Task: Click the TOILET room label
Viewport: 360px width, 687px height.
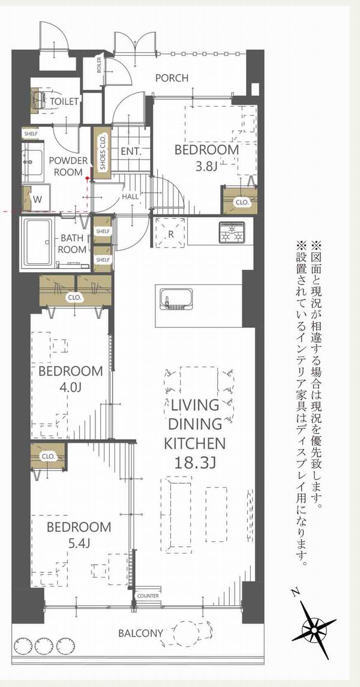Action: pyautogui.click(x=64, y=101)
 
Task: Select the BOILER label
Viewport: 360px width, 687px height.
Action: pyautogui.click(x=98, y=66)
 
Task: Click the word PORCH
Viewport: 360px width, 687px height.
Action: pyautogui.click(x=172, y=78)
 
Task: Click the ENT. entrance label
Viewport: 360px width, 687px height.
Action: pyautogui.click(x=131, y=152)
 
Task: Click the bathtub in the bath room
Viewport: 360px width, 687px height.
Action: pyautogui.click(x=39, y=243)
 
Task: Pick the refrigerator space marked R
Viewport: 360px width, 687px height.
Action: pyautogui.click(x=170, y=233)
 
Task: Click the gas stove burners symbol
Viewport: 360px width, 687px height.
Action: pyautogui.click(x=232, y=232)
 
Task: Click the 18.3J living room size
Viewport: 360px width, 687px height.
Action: pyautogui.click(x=195, y=462)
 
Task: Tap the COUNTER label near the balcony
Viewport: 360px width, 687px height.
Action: pyautogui.click(x=148, y=596)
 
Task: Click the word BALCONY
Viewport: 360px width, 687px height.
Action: pyautogui.click(x=140, y=632)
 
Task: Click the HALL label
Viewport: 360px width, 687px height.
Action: pyautogui.click(x=131, y=197)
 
